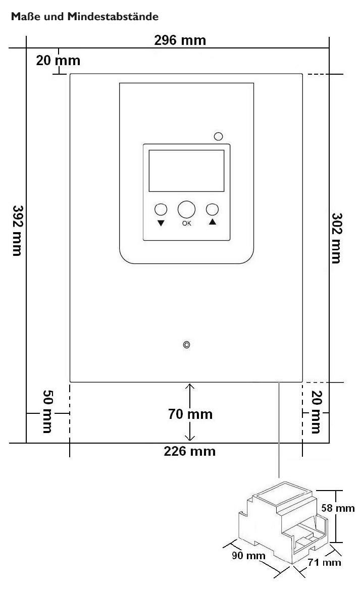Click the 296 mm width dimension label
pos(180,40)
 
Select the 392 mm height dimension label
pos(17,231)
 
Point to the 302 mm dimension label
pos(337,238)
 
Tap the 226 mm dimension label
pos(190,451)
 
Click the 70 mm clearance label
pos(190,414)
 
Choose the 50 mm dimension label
pos(47,411)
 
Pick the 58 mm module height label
pos(338,508)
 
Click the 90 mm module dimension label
pos(248,556)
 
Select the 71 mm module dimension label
pos(325,562)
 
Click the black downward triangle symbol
pos(161,223)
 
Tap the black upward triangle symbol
pos(213,222)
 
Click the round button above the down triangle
pos(161,209)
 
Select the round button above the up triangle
pos(213,209)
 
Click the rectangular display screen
pos(187,171)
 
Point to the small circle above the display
pos(219,136)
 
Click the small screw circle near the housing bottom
pos(186,345)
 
